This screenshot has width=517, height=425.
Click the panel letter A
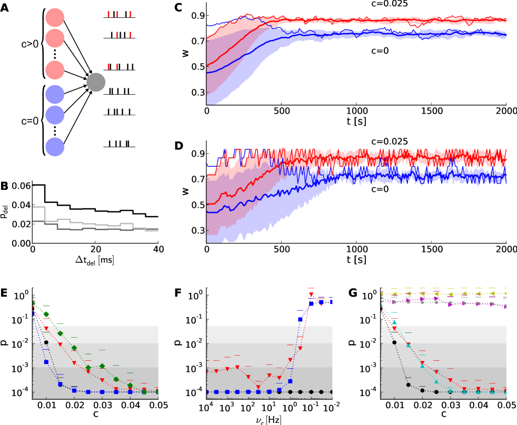pos(4,7)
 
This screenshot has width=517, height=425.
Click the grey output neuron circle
pos(96,83)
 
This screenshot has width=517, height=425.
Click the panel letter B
pos(4,185)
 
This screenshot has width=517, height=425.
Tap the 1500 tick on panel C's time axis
pos(430,112)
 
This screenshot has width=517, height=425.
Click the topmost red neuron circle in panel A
pos(54,16)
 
